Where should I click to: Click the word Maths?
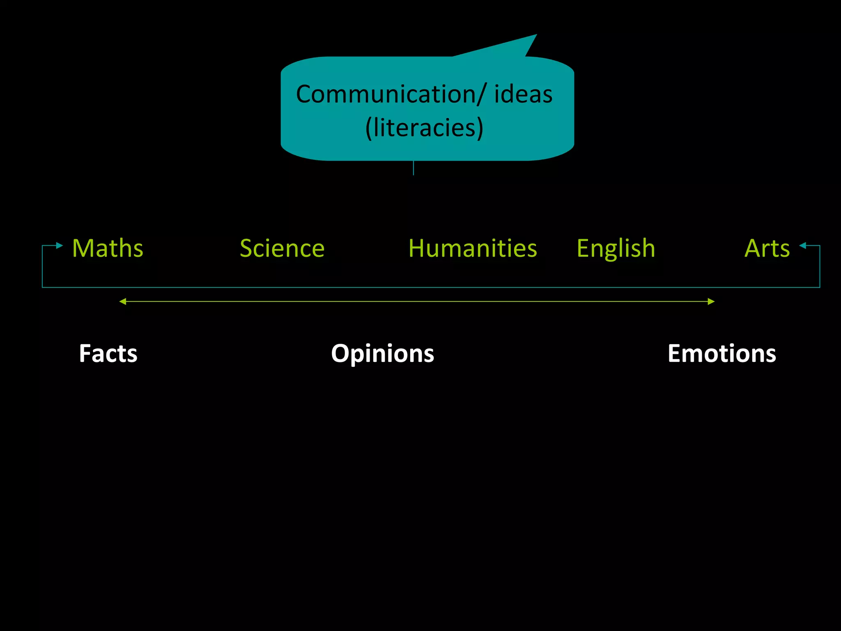108,249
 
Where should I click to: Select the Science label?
282,249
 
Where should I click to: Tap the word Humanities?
473,249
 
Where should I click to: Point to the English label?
616,249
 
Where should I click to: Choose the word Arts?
767,249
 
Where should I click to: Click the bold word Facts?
108,353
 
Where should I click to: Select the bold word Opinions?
382,353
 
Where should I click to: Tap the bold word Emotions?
722,353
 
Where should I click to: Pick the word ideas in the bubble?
523,94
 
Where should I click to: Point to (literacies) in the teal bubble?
424,128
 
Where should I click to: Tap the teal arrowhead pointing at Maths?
60,246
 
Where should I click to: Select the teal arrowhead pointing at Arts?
803,246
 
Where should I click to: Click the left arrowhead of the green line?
122,302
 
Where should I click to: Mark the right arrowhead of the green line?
711,302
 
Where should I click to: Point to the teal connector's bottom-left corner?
43,287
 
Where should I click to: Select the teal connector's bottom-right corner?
820,287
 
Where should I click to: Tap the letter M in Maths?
82,249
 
